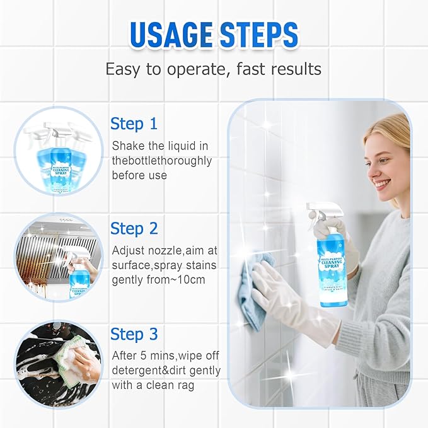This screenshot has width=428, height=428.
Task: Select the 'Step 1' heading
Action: pos(134,124)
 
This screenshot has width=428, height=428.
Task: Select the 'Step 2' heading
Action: pos(134,228)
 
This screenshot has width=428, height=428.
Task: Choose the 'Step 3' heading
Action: pos(134,333)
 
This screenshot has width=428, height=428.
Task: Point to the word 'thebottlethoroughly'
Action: pos(162,161)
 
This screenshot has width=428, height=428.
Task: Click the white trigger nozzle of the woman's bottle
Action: pos(318,211)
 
